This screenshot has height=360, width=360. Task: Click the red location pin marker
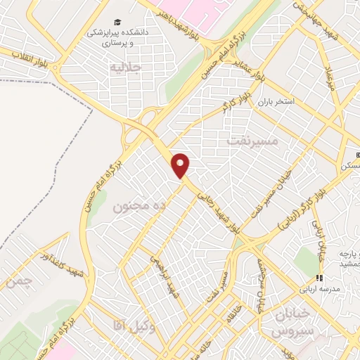click(x=181, y=165)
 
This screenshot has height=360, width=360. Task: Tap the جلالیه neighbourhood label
click(x=127, y=67)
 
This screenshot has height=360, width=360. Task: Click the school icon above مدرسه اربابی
click(x=319, y=278)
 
